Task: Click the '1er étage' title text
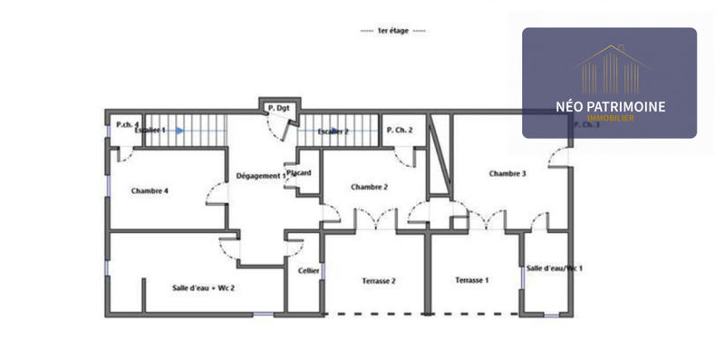393,31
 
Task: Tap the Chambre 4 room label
150,190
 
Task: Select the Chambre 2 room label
369,187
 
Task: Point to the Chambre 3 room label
507,173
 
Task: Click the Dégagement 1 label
260,175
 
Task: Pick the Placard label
299,172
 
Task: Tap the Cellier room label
308,270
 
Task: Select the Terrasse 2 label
378,281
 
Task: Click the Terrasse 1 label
471,280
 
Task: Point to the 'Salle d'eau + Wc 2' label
204,287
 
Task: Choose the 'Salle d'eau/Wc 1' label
554,268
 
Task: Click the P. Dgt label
277,110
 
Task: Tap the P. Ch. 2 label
400,131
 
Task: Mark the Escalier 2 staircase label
333,131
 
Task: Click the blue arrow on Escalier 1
180,131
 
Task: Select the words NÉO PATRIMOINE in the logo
610,106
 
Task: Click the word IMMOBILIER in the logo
610,119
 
